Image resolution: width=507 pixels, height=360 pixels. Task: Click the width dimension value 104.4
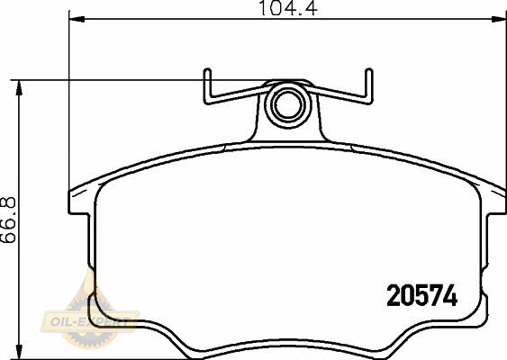click(288, 8)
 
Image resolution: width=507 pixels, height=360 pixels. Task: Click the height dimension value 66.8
click(8, 220)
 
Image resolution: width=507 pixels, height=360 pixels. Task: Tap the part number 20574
click(422, 295)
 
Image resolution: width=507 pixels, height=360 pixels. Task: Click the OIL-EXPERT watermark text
click(89, 321)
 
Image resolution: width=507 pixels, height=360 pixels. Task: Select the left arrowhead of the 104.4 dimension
click(77, 20)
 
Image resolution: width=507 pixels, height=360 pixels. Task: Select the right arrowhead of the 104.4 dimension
click(498, 20)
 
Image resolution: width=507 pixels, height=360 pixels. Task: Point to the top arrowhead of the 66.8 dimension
click(20, 88)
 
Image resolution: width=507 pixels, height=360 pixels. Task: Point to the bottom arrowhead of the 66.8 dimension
click(20, 352)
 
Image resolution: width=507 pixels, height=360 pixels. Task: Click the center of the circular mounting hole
click(288, 105)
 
